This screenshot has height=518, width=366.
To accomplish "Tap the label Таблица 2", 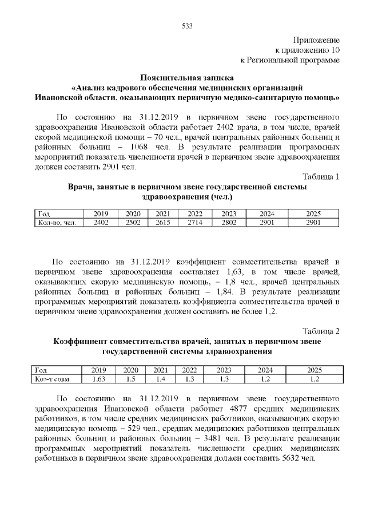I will (320, 331).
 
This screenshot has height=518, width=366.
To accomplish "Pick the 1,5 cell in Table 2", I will (131, 378).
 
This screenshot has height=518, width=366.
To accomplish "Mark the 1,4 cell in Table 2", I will (160, 378).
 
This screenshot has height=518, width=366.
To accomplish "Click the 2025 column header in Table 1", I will (314, 213).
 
